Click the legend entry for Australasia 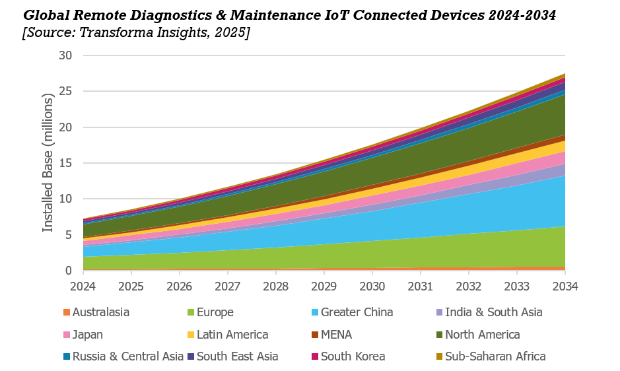tap(100, 312)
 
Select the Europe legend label tap(215, 312)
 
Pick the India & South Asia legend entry tap(493, 312)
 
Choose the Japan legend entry tap(87, 335)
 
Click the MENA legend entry tap(339, 335)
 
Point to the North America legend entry tap(482, 335)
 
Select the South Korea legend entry tap(353, 356)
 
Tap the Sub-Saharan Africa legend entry tap(495, 356)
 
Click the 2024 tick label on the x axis tap(83, 286)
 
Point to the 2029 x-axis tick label tap(324, 286)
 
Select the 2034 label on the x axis tap(565, 286)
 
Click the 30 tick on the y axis tap(65, 55)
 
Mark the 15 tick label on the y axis tap(65, 163)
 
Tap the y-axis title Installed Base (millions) tap(48, 162)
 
